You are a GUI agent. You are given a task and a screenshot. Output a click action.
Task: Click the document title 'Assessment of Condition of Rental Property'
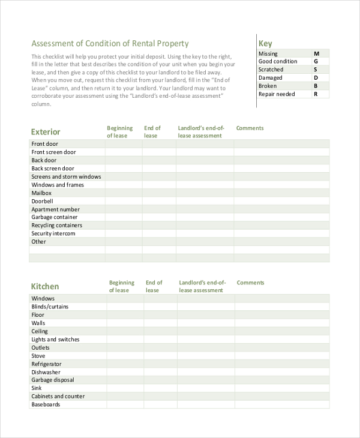point(110,43)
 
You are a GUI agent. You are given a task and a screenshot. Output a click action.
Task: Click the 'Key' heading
point(265,43)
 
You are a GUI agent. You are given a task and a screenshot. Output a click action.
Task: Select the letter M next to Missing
point(316,53)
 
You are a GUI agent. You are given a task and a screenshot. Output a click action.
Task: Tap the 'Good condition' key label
point(277,61)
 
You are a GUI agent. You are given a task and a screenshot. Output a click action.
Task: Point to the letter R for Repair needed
point(316,94)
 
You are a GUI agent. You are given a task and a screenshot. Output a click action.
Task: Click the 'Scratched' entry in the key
point(271,70)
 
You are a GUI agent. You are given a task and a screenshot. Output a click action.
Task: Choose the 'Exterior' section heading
point(46,132)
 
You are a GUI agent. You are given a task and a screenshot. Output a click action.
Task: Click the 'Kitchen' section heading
point(45,287)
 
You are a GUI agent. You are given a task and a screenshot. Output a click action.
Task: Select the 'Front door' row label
point(45,144)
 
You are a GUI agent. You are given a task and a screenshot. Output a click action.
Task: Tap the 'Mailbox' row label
point(41,193)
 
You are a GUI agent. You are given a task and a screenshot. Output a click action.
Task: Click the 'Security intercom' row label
point(53,233)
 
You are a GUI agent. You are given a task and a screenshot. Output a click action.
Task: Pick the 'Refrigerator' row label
point(46,364)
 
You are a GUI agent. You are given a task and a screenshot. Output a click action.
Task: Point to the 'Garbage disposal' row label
point(53,380)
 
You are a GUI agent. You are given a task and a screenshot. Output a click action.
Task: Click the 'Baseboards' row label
point(46,404)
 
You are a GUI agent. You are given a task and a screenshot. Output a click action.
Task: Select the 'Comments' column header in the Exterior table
point(250,128)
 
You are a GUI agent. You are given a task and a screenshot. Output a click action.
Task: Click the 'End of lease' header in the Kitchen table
point(154,286)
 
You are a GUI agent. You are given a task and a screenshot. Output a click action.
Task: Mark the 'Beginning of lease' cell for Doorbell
point(124,201)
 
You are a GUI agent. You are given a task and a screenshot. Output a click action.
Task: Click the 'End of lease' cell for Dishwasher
point(160,372)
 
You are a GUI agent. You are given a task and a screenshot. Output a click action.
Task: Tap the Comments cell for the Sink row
point(281,388)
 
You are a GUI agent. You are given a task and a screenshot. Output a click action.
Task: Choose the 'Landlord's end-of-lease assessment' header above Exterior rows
point(201,132)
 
